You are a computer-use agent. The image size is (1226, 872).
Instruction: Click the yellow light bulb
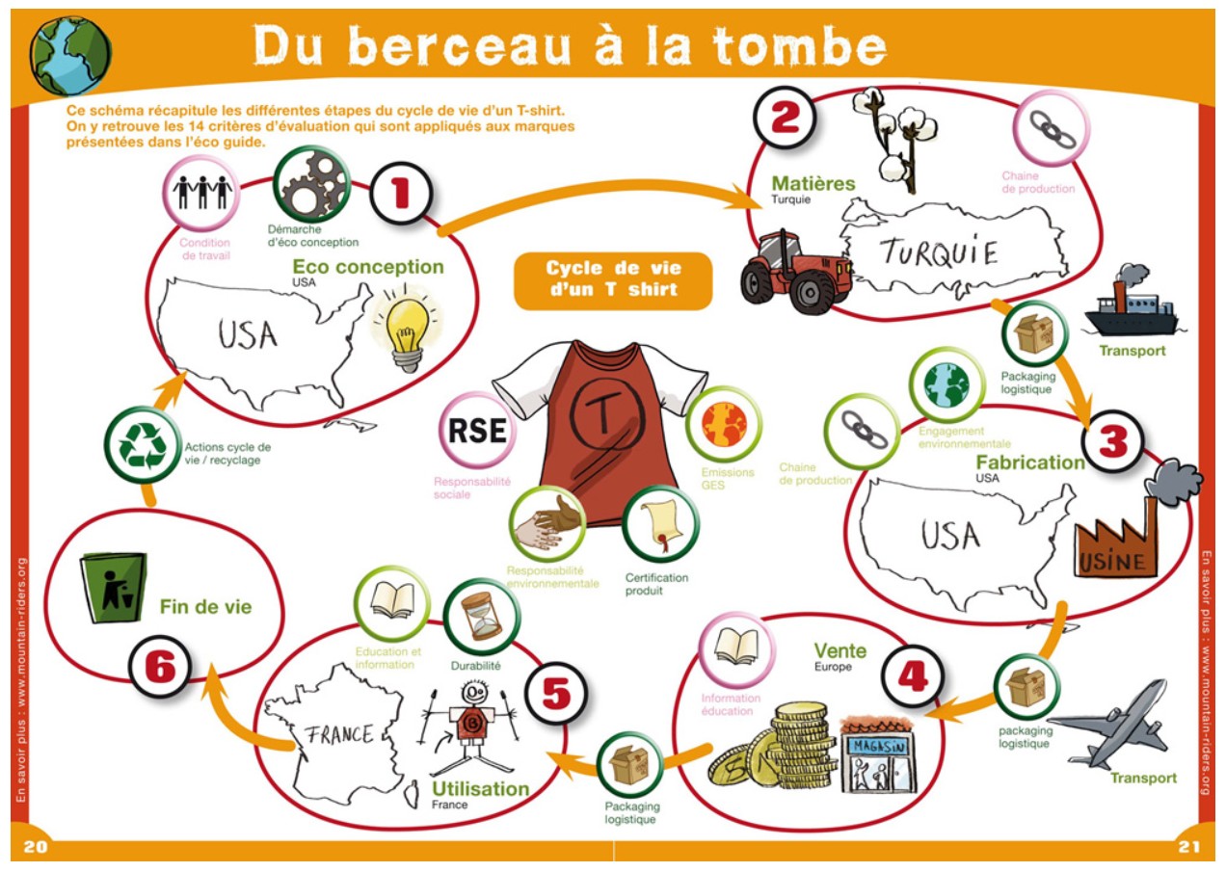(406, 328)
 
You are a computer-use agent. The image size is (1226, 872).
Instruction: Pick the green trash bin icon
(113, 587)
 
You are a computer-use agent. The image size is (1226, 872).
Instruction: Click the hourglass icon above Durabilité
(482, 617)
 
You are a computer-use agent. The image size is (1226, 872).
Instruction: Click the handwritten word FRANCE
(339, 733)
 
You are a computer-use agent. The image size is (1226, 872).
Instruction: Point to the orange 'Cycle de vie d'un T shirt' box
(613, 279)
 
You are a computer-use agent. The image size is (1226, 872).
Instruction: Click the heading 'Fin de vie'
(205, 607)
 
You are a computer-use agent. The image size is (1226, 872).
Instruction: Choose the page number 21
(1188, 847)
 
